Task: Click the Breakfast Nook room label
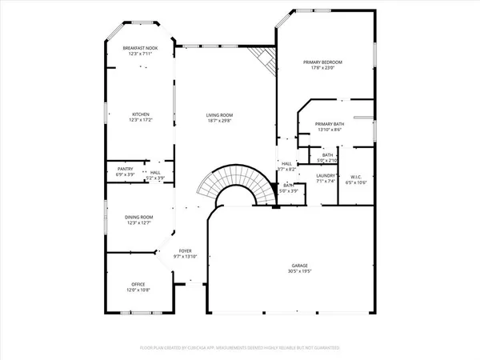coord(141,49)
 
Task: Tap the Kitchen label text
coord(141,114)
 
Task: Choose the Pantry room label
coord(125,168)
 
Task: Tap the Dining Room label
coord(138,217)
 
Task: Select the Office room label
coord(139,284)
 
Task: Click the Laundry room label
coord(325,175)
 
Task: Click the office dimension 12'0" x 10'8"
coord(139,290)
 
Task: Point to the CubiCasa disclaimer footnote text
coord(239,349)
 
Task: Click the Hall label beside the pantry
coord(155,172)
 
